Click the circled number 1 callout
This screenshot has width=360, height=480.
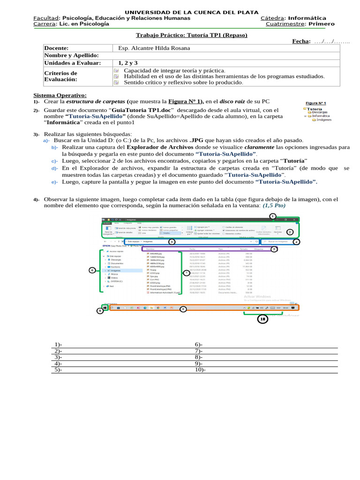(x=272, y=216)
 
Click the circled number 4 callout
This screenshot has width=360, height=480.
(x=296, y=242)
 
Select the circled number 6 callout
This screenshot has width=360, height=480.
(x=92, y=270)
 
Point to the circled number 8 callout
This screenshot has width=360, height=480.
(x=99, y=310)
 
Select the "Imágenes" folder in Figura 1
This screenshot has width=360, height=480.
(x=324, y=120)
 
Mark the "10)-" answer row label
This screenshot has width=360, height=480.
(x=200, y=369)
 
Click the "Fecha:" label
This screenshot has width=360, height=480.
(x=301, y=42)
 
